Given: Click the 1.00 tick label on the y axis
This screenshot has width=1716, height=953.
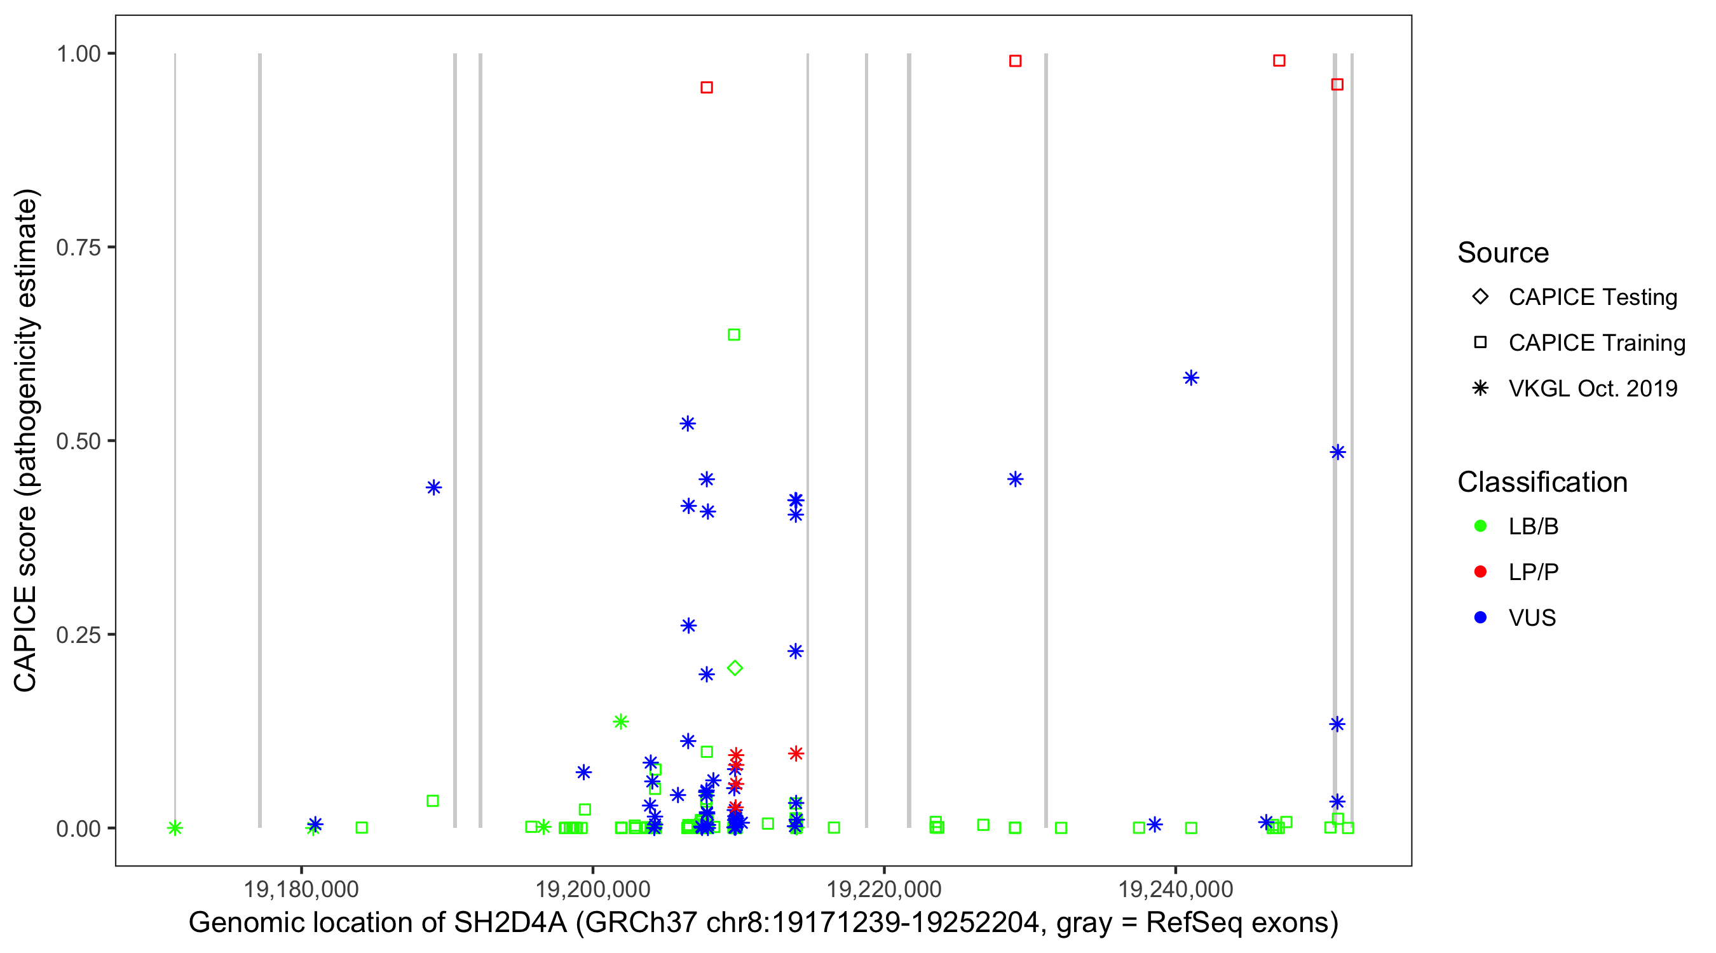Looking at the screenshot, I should click(x=78, y=53).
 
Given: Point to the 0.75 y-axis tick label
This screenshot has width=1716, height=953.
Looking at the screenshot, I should click(x=78, y=247).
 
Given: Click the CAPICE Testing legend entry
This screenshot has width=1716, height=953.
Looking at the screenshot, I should click(x=1593, y=297).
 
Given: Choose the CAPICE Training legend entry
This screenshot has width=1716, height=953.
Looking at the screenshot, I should click(x=1597, y=343).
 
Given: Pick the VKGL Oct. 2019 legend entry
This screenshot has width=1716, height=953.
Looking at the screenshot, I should click(x=1593, y=388).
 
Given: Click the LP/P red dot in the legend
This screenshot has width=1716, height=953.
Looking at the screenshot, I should click(x=1481, y=572).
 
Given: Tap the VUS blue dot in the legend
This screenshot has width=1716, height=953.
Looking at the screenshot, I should click(x=1481, y=618).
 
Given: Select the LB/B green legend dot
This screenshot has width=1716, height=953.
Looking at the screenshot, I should click(x=1481, y=526).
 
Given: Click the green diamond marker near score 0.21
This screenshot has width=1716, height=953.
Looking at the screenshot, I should click(x=735, y=668).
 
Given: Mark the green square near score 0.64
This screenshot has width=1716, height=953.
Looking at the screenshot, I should click(x=734, y=334).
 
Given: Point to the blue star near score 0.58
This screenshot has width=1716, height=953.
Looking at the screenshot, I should click(x=1191, y=378).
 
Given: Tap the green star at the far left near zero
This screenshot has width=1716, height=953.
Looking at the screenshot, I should click(x=175, y=828).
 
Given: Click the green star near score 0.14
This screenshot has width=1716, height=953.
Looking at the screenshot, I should click(x=621, y=721).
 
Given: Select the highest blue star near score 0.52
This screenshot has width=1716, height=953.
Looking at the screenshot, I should click(x=688, y=424).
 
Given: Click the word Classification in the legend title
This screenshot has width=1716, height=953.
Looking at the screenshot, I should click(x=1542, y=482).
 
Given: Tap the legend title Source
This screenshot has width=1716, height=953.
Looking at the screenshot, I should click(x=1503, y=253).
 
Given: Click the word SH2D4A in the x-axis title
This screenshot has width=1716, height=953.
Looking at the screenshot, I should click(x=510, y=923).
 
